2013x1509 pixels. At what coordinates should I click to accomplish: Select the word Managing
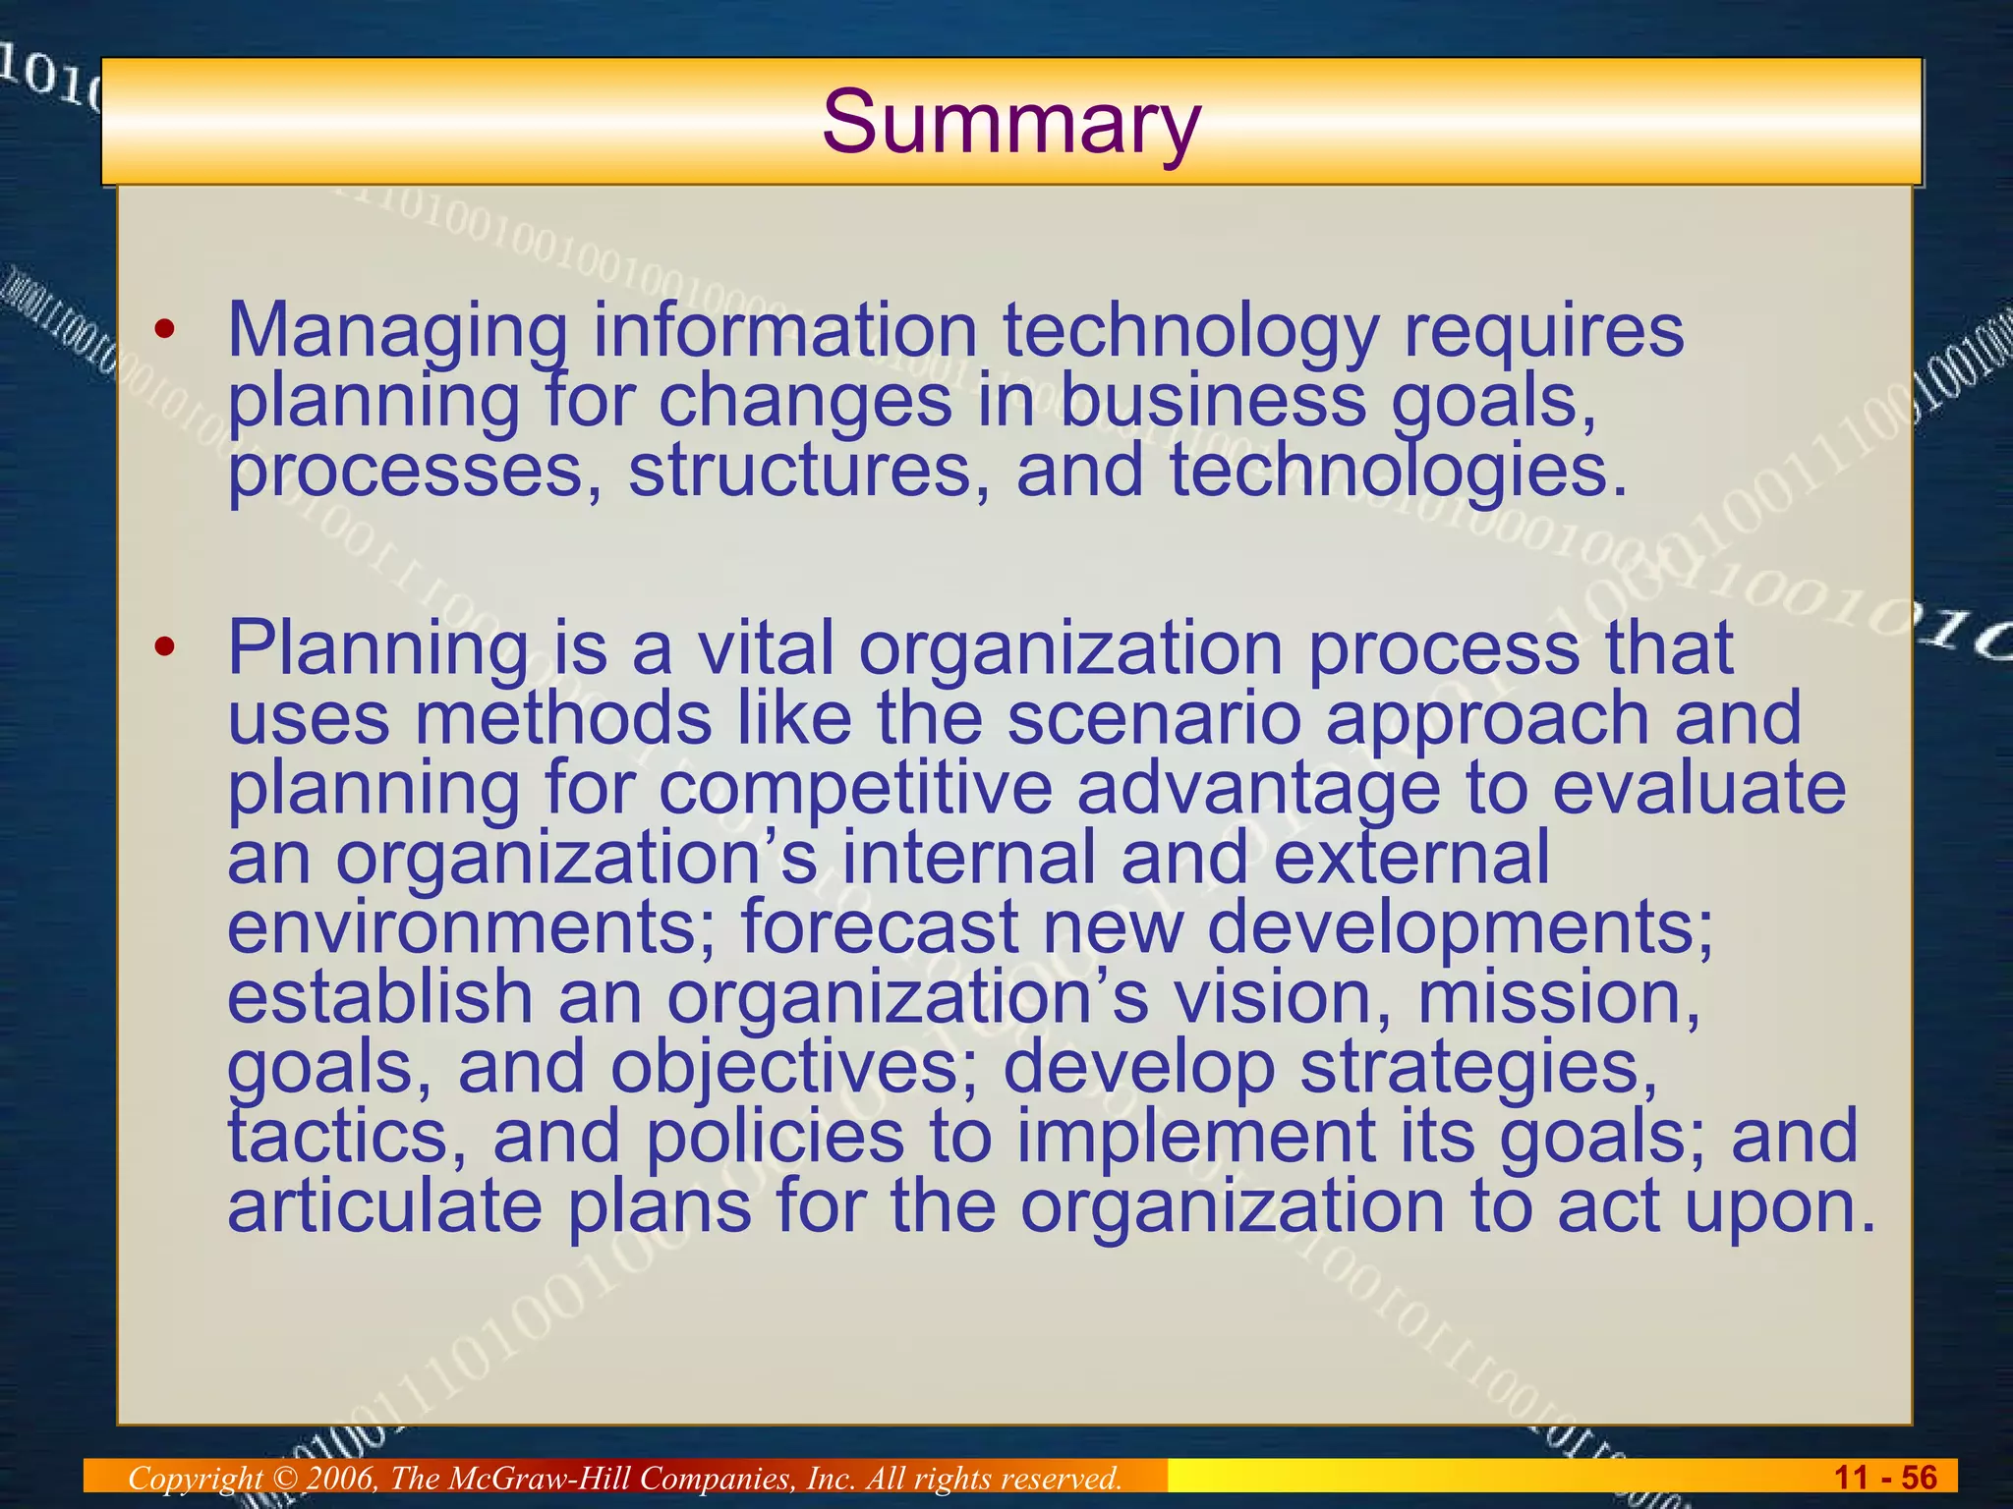[x=397, y=332]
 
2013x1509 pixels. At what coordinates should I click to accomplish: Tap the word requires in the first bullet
[x=1543, y=332]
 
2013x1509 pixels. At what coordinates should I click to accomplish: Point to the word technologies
[x=1398, y=471]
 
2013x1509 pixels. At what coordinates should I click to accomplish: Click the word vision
[x=1282, y=997]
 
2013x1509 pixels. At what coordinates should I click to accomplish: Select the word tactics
[x=346, y=1137]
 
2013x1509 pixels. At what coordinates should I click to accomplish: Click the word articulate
[x=384, y=1206]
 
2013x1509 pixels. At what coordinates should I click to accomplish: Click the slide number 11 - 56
[x=1885, y=1478]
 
